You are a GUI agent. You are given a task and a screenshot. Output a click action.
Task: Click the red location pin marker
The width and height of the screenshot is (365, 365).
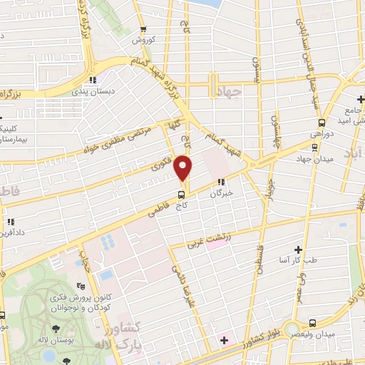[184, 168]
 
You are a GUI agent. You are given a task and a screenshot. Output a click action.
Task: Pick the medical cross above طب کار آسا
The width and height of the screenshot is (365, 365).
[298, 250]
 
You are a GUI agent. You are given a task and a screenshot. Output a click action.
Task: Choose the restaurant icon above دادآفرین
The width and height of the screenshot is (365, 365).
[11, 222]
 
